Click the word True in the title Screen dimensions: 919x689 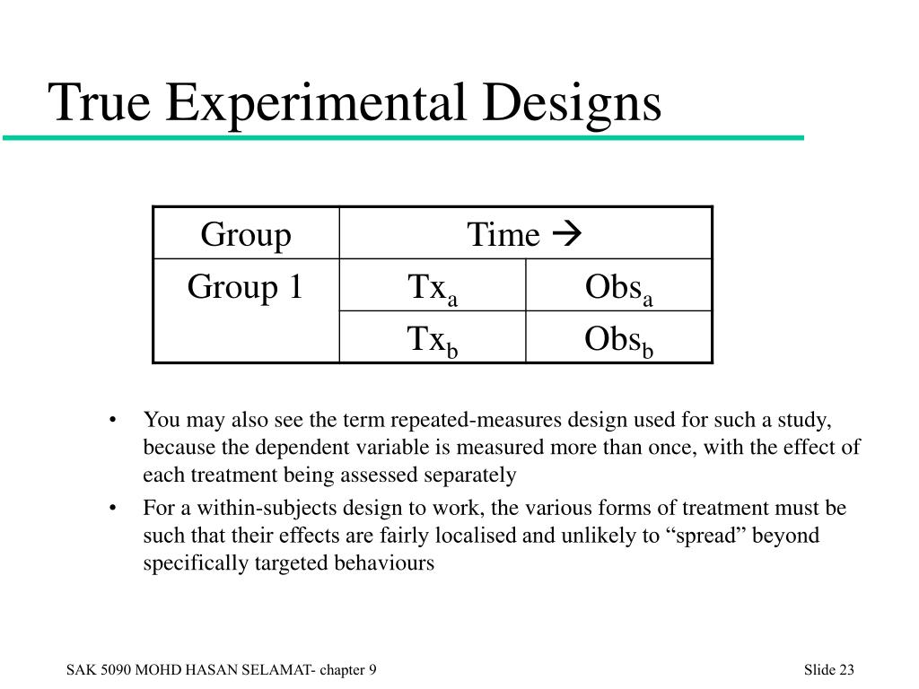(x=100, y=102)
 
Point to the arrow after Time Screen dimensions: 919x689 (x=567, y=234)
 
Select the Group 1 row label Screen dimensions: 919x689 (x=245, y=287)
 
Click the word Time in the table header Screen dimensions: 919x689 (x=503, y=234)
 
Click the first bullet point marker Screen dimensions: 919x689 (x=112, y=420)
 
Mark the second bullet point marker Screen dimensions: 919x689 (x=112, y=508)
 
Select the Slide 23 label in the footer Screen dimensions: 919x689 (x=828, y=669)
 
